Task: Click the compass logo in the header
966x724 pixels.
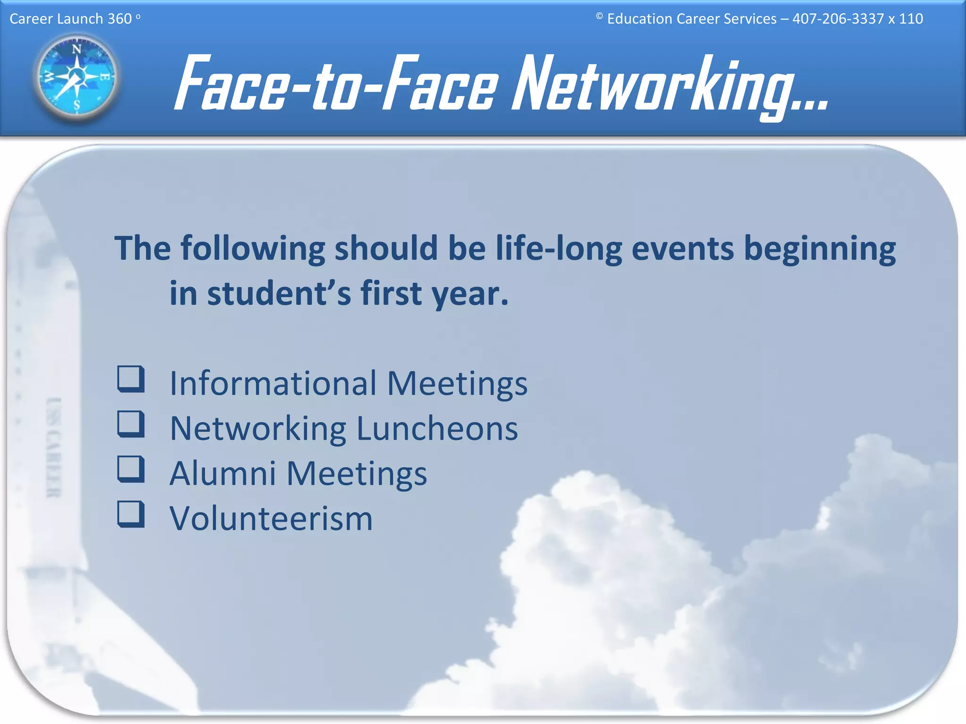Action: (x=77, y=77)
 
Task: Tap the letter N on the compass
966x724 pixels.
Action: (x=76, y=49)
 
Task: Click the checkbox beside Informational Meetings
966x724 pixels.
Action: (x=131, y=379)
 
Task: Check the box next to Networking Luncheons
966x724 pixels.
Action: (x=131, y=424)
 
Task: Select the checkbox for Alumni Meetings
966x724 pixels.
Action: (x=131, y=469)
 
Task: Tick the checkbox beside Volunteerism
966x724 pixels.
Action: (x=131, y=514)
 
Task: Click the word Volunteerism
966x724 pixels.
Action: (x=271, y=518)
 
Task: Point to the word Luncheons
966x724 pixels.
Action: (x=437, y=429)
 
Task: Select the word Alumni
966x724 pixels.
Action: (x=223, y=473)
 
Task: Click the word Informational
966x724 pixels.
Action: (x=273, y=383)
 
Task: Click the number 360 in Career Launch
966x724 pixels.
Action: (x=119, y=19)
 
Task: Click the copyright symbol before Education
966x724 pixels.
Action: (x=600, y=16)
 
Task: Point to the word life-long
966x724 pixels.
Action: (x=558, y=248)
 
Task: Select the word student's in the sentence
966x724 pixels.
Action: (x=279, y=293)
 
